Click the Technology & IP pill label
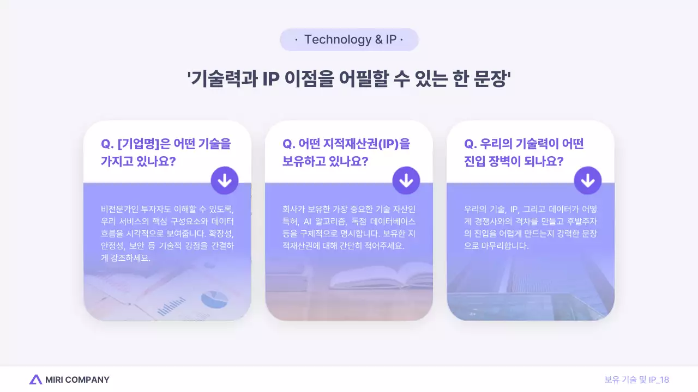tap(349, 40)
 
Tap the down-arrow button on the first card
tap(225, 181)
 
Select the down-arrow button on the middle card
tap(406, 181)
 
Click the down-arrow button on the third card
tap(588, 181)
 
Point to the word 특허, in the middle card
tap(290, 221)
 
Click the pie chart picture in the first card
tap(214, 299)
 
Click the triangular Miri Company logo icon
tap(35, 379)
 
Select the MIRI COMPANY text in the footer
tap(77, 379)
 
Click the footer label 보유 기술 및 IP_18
tap(636, 379)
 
